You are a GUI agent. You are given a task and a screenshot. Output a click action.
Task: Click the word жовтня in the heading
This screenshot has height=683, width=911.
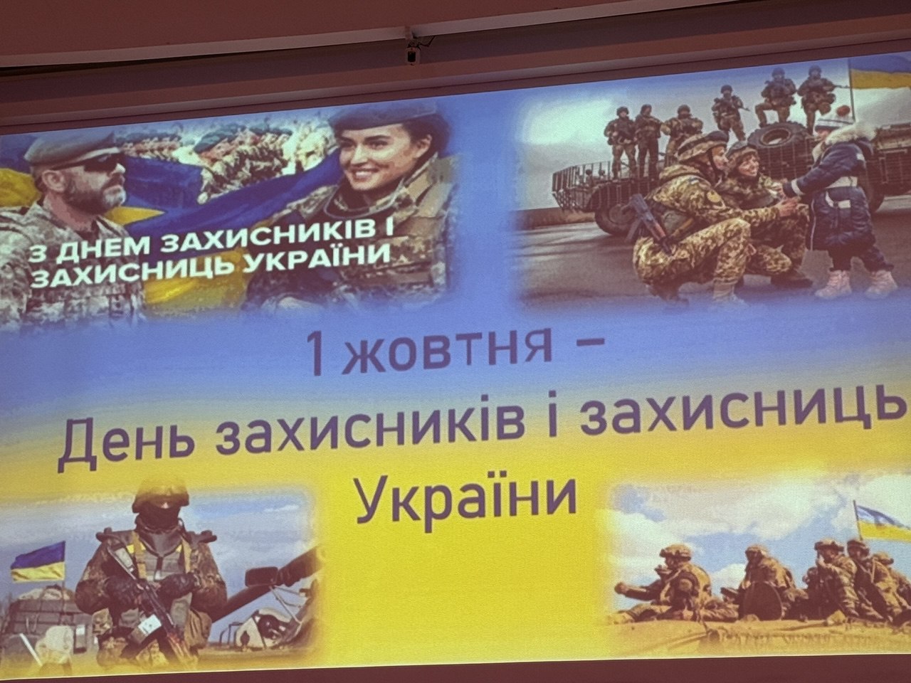[450, 354]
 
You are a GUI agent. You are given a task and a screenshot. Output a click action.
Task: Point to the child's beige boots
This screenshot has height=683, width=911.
[855, 284]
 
